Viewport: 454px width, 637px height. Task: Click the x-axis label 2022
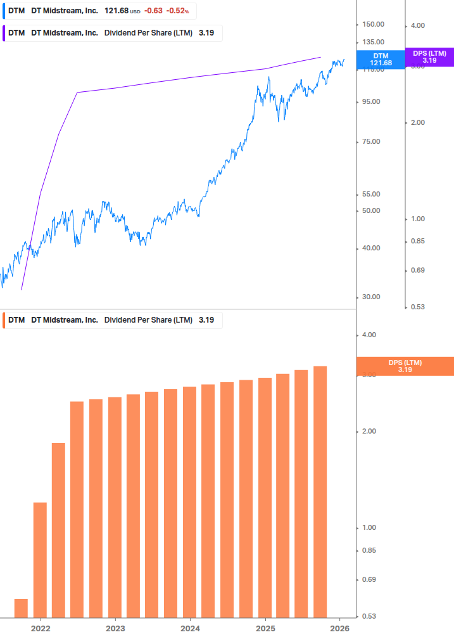click(40, 628)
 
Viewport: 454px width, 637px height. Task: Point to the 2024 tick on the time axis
click(190, 628)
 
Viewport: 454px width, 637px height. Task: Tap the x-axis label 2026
click(340, 628)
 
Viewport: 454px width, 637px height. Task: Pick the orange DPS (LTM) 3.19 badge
click(405, 366)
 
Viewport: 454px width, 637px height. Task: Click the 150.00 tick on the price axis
click(373, 24)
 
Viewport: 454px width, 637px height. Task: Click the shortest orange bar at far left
click(21, 607)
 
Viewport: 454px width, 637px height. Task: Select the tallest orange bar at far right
click(320, 491)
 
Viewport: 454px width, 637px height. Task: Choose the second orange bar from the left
click(40, 559)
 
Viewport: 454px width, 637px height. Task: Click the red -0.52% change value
click(177, 11)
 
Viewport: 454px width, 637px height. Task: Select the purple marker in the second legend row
click(4, 33)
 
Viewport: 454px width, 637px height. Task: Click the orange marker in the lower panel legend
click(4, 320)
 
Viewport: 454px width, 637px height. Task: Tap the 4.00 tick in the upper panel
click(419, 25)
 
